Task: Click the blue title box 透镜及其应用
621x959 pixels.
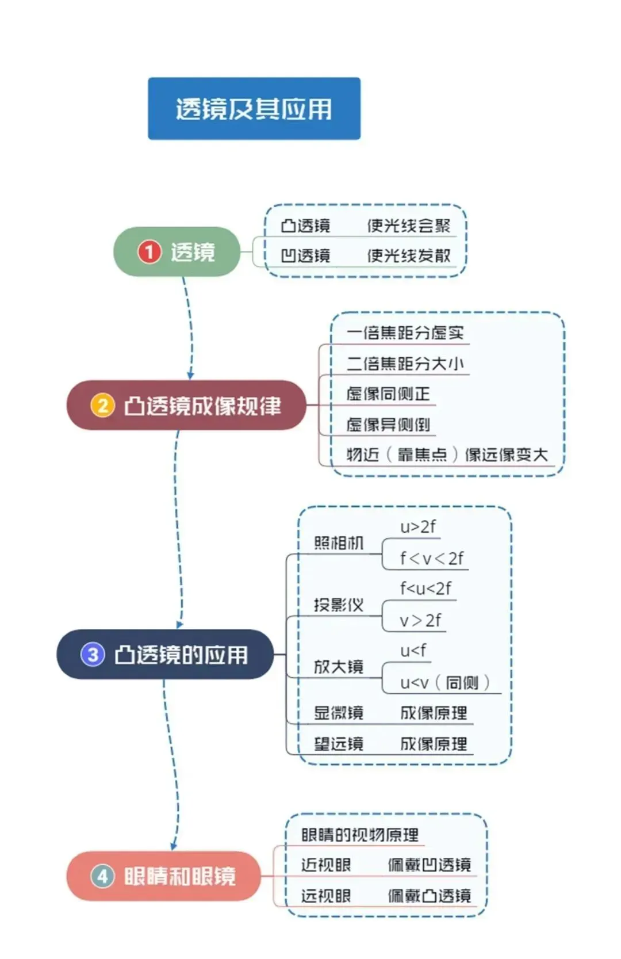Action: click(254, 109)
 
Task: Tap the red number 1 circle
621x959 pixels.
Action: click(149, 252)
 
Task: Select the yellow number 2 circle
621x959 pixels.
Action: click(102, 406)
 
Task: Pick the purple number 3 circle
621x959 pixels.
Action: click(93, 655)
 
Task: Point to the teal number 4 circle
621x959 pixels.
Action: click(102, 876)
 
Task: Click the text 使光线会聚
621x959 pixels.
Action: click(409, 226)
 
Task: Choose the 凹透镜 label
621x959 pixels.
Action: click(305, 255)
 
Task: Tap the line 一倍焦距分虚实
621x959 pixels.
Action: click(405, 333)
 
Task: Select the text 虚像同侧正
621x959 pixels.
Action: click(388, 394)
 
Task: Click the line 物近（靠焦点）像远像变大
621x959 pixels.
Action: click(447, 455)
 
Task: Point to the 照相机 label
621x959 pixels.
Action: click(339, 543)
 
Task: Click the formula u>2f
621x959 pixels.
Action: click(418, 526)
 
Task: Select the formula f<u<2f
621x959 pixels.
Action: click(425, 589)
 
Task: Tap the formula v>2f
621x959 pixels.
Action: click(420, 620)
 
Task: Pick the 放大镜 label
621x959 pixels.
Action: click(339, 667)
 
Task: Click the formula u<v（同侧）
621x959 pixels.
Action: click(444, 683)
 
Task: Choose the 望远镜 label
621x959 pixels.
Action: click(339, 744)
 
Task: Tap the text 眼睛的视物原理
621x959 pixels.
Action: click(360, 835)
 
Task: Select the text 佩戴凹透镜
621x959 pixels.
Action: click(429, 865)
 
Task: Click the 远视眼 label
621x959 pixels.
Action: click(325, 896)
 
